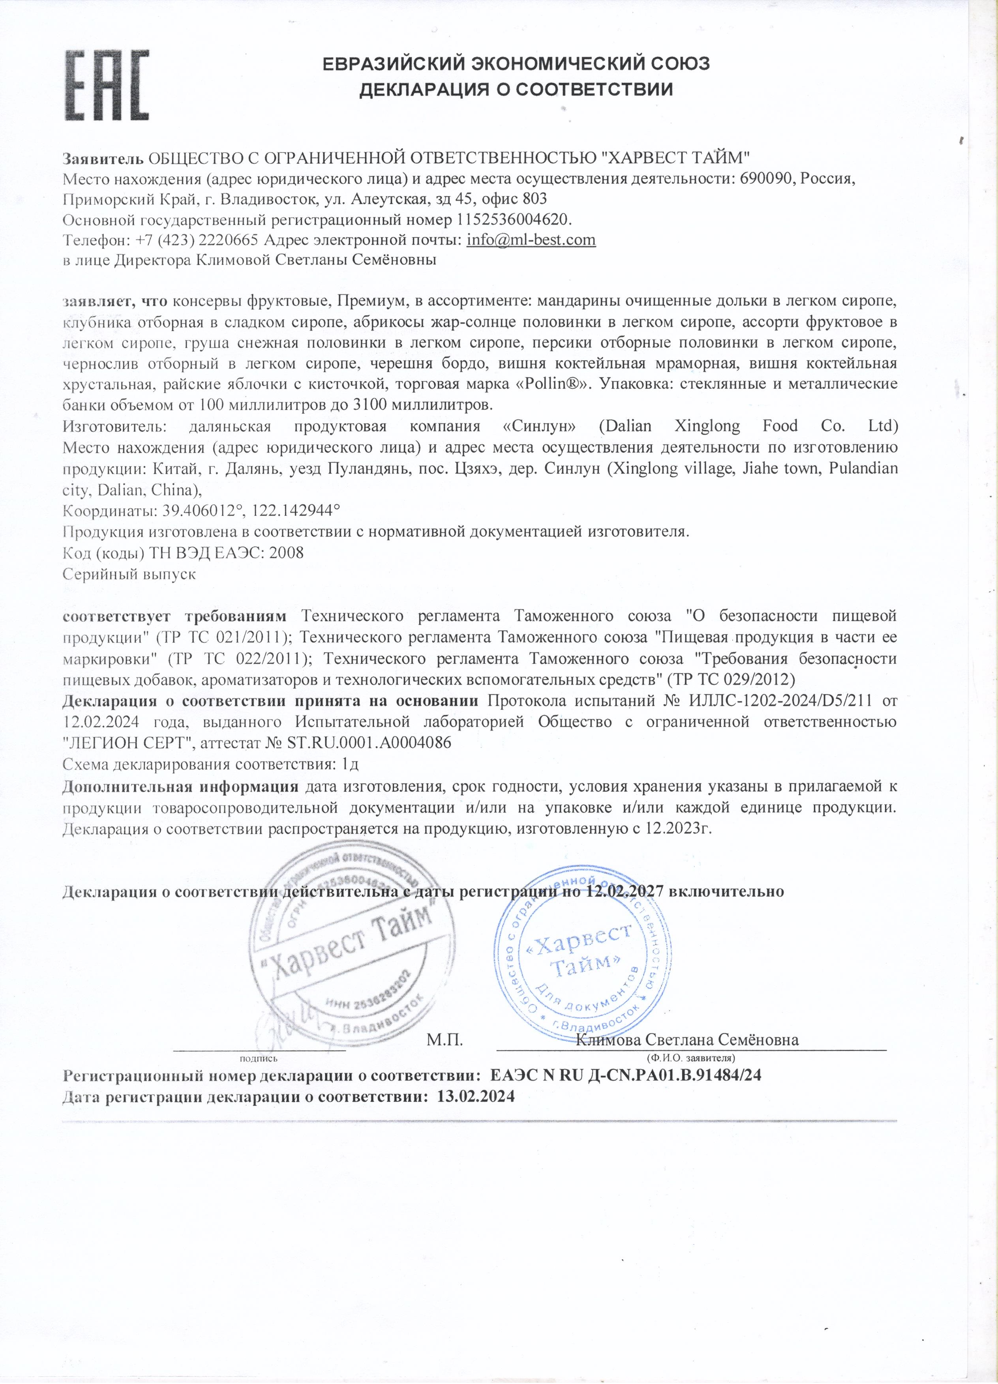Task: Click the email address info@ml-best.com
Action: tap(531, 239)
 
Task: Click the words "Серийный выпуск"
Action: tap(129, 574)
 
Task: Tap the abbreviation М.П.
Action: tap(445, 1039)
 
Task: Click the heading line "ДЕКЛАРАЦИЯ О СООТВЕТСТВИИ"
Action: tap(516, 90)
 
